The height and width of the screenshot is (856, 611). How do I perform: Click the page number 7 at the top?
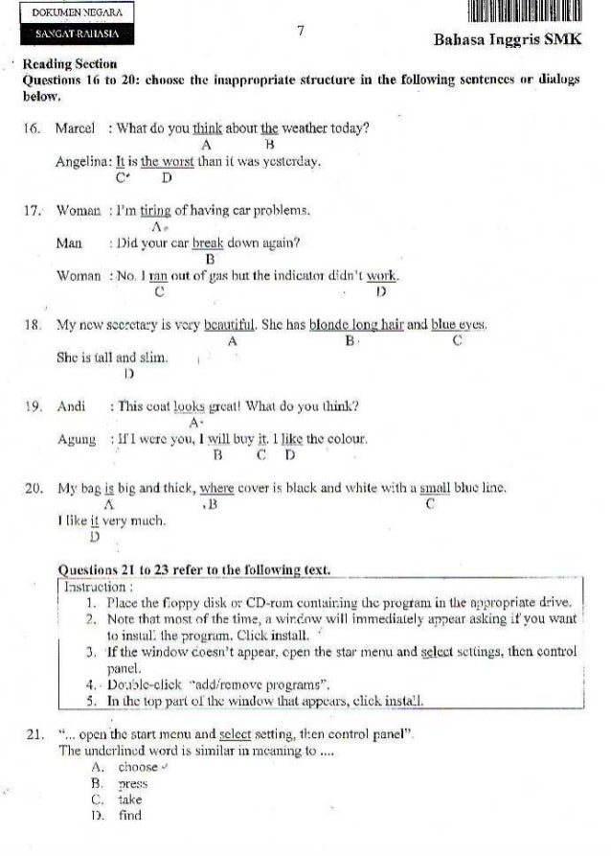click(x=300, y=32)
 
